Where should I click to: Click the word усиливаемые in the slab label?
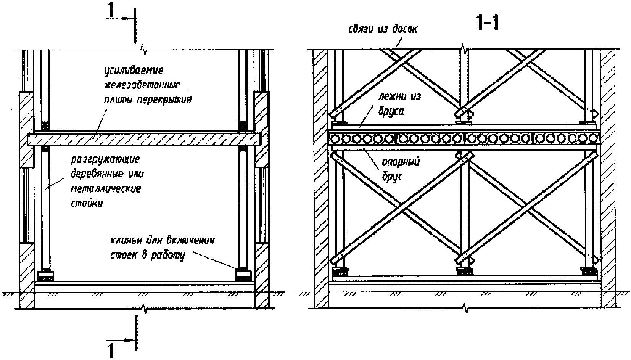click(134, 71)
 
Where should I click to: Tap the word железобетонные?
click(142, 85)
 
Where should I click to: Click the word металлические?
click(106, 189)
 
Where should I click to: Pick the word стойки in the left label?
click(87, 203)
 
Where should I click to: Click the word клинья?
click(127, 240)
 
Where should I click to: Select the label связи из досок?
click(383, 29)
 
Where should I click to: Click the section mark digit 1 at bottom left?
click(111, 351)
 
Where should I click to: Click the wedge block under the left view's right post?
click(243, 276)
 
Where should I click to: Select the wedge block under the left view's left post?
click(45, 276)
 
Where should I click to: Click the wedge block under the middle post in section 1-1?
click(464, 272)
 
